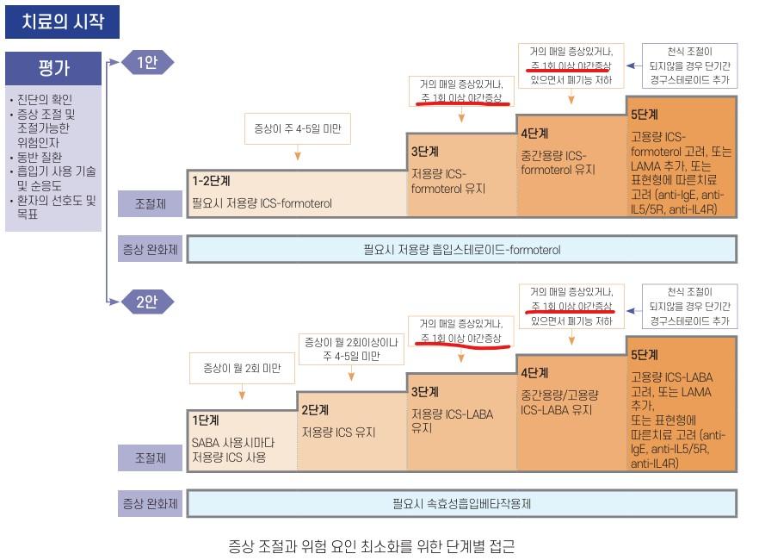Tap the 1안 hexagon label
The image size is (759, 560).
[x=146, y=62]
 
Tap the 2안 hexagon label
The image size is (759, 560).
[x=146, y=302]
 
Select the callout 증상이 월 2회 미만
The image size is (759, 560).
[x=243, y=369]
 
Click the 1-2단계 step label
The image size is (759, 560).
[x=211, y=181]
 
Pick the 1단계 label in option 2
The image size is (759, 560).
[x=206, y=420]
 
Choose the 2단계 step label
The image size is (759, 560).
[x=315, y=410]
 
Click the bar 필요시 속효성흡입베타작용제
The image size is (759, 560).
[x=461, y=503]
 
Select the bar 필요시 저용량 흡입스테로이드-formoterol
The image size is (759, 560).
[x=461, y=250]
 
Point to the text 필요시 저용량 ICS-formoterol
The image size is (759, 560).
[x=262, y=204]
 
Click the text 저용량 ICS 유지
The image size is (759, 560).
[x=339, y=432]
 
